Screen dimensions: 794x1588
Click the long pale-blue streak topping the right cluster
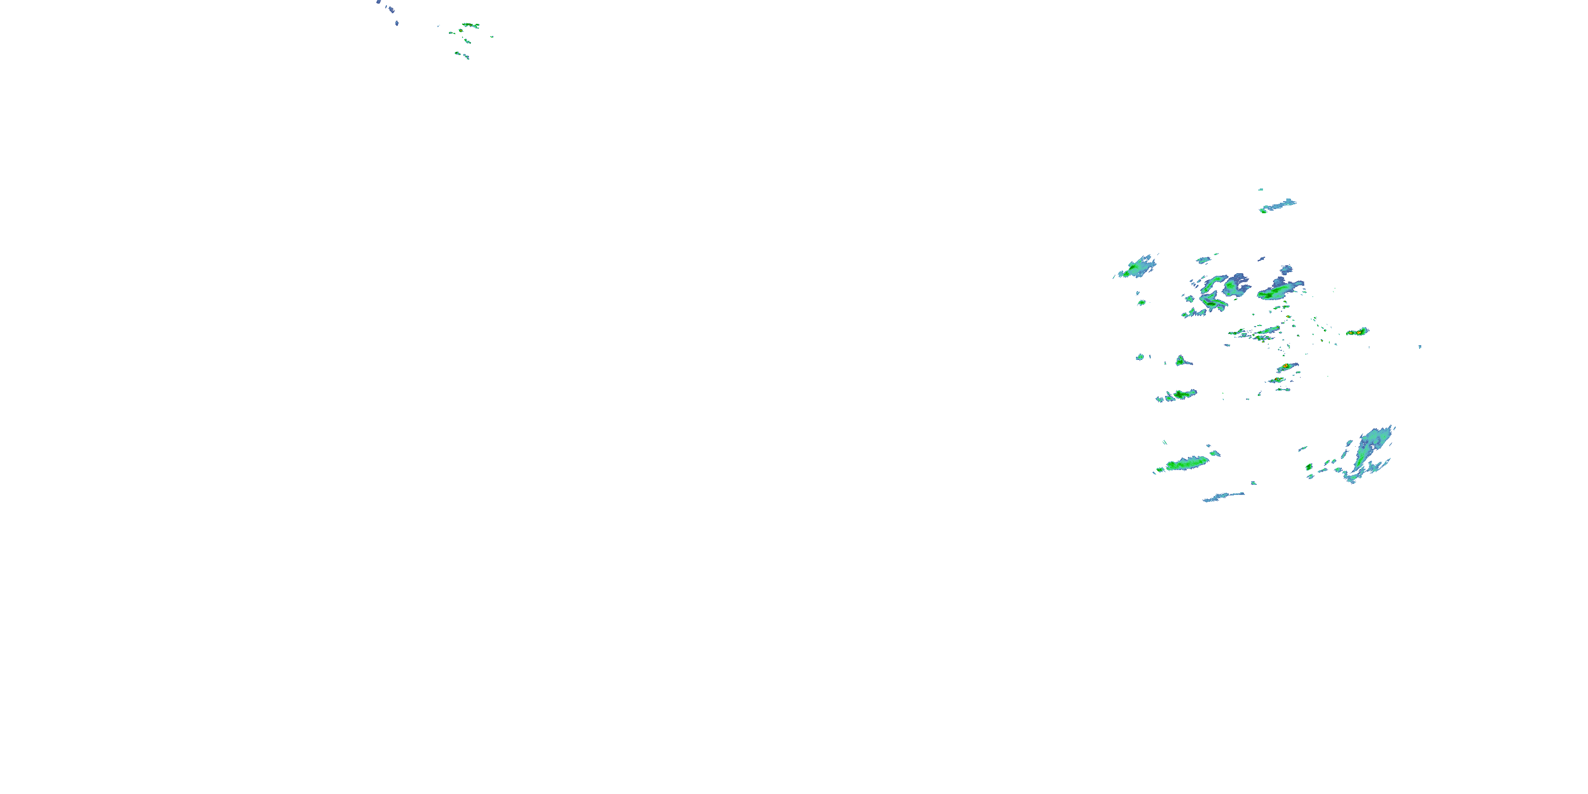click(1279, 205)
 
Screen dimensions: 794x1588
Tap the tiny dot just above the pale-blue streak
click(1261, 190)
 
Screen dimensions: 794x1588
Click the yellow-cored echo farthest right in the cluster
click(1357, 332)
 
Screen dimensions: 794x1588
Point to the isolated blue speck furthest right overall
click(1420, 347)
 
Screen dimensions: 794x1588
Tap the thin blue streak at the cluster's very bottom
click(1224, 497)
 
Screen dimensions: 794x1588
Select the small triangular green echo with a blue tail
click(1180, 360)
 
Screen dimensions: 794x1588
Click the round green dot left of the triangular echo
click(1141, 356)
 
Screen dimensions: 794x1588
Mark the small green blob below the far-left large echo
click(1142, 302)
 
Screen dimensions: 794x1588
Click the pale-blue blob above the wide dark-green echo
click(1286, 270)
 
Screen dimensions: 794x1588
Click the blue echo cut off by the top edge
click(378, 2)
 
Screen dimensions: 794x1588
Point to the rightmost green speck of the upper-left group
click(492, 37)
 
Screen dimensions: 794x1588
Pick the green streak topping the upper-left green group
click(471, 25)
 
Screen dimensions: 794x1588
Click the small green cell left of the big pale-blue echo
click(1309, 467)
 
